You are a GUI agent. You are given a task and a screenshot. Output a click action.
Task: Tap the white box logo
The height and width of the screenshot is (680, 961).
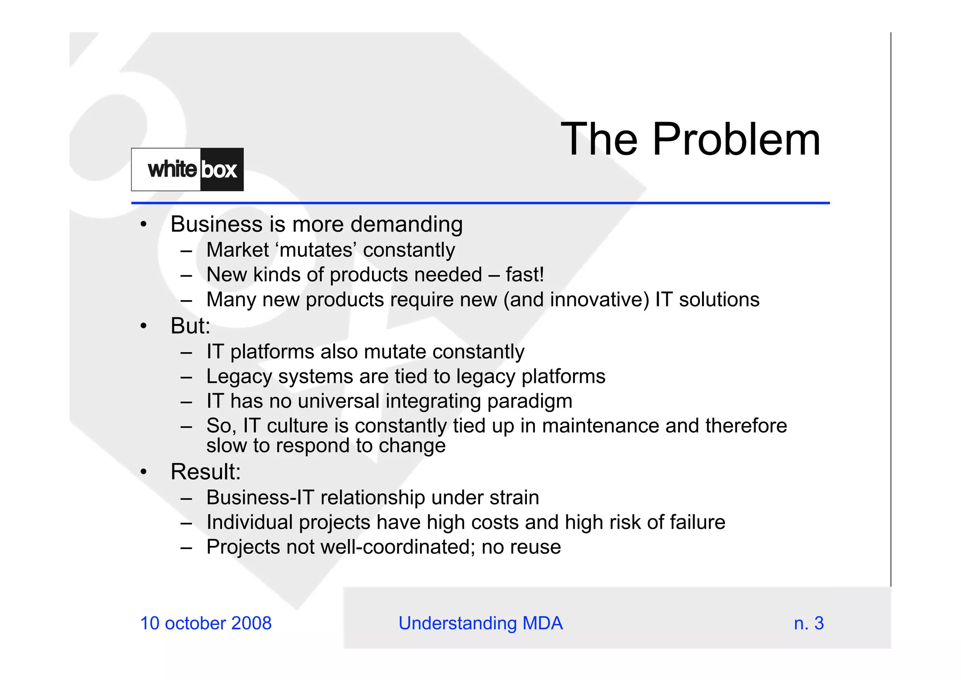click(x=187, y=170)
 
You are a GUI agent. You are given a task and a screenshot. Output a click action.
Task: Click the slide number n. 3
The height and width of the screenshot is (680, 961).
click(x=808, y=623)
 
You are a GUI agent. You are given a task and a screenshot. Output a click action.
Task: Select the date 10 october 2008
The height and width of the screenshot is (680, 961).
click(x=206, y=623)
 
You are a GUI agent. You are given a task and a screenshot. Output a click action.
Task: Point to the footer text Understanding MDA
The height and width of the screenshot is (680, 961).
click(x=480, y=623)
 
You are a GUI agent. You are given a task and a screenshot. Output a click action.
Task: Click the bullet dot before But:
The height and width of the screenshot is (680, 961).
click(x=144, y=326)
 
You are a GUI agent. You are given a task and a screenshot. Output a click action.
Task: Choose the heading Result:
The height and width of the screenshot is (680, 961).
click(x=206, y=471)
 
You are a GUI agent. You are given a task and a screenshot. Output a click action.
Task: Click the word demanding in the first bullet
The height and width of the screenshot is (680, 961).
click(x=406, y=224)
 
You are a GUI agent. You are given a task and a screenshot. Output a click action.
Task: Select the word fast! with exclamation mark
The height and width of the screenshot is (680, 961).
click(x=525, y=275)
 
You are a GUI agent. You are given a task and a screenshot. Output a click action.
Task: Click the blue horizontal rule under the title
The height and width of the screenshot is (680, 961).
click(x=480, y=203)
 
